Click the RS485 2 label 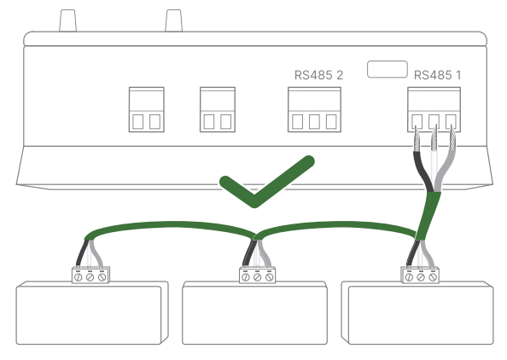tap(318, 75)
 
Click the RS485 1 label tap(437, 75)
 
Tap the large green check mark tap(267, 182)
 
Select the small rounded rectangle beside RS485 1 tap(387, 69)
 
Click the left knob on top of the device tap(68, 20)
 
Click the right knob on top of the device tap(173, 20)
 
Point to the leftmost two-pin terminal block tap(147, 109)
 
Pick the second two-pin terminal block tap(218, 109)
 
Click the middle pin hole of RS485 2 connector tap(314, 122)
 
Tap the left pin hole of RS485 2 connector tap(298, 122)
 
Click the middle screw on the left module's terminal tap(90, 277)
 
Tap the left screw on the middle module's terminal tap(246, 277)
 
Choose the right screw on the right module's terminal tap(432, 277)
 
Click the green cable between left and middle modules tap(172, 225)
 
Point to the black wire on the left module tap(81, 253)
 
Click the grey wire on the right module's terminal tap(428, 253)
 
